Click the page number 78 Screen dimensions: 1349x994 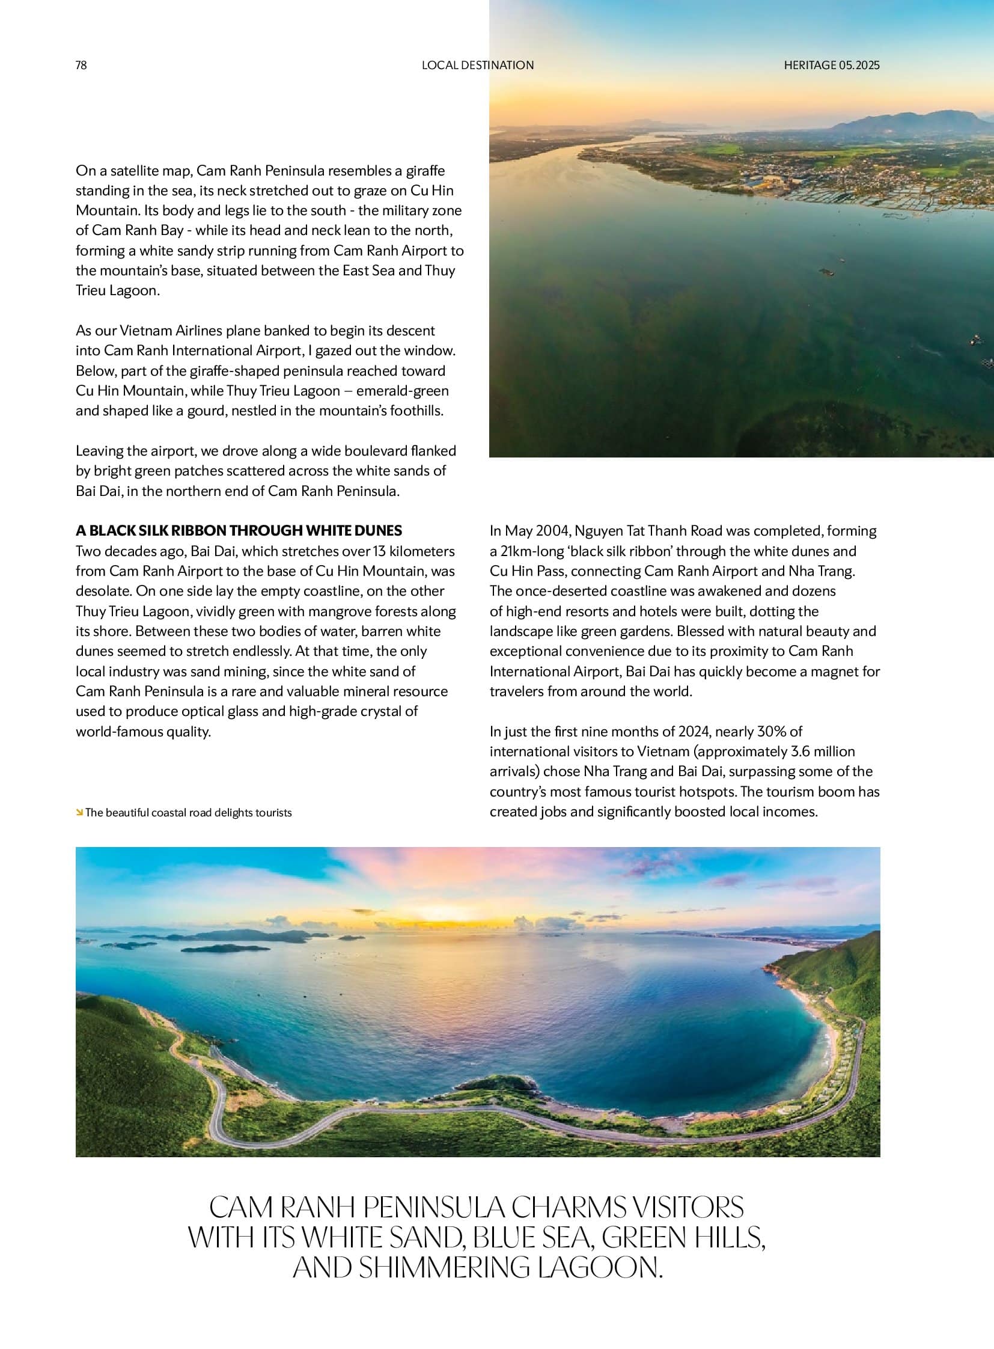click(x=81, y=65)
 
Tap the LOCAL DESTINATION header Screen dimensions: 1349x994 click(x=477, y=65)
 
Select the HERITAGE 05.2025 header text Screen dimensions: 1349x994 click(x=831, y=65)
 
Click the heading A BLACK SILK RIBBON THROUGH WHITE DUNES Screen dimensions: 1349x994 click(x=239, y=530)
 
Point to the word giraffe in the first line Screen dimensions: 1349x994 click(x=425, y=170)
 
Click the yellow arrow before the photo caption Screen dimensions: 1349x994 click(x=79, y=813)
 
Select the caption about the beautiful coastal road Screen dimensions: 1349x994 click(x=188, y=813)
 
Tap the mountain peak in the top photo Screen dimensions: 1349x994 click(x=939, y=114)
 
